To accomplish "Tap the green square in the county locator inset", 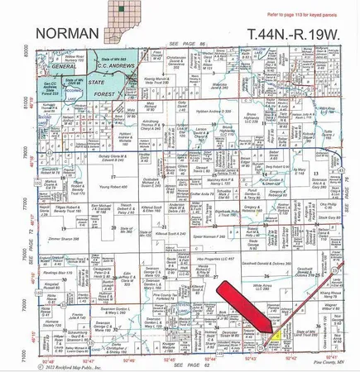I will coord(122,9).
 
